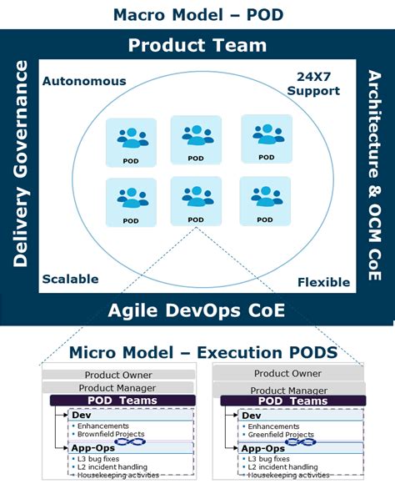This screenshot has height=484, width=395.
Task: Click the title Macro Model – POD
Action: coord(197,14)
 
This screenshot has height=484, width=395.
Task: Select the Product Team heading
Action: coord(197,46)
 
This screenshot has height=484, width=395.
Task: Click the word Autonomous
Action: coord(84,82)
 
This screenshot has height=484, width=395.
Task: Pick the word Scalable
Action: coord(70,279)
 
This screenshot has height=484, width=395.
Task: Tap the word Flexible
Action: coord(323,282)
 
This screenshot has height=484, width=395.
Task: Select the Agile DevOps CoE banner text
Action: coord(197,311)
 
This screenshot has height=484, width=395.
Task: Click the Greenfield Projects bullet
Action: coord(281,434)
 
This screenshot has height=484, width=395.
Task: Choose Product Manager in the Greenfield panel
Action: coord(290,390)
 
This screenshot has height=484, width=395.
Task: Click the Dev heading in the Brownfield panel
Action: coord(83,415)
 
